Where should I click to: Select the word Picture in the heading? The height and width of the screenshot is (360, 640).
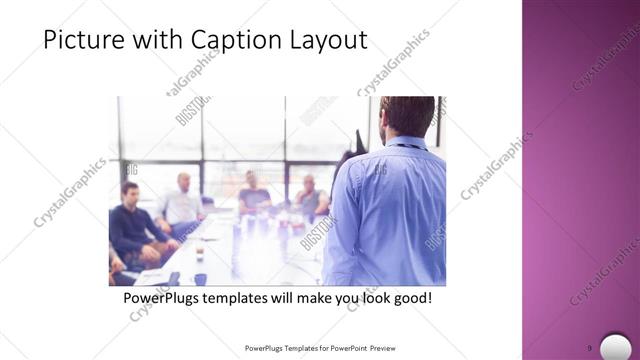[x=83, y=39]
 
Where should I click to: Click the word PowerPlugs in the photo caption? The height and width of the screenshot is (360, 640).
[x=166, y=298]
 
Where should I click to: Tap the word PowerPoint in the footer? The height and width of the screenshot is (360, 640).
[x=346, y=348]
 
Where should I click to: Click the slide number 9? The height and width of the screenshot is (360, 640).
[x=589, y=348]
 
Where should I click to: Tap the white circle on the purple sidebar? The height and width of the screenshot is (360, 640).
[x=616, y=346]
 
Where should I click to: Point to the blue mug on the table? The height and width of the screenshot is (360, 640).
[x=200, y=279]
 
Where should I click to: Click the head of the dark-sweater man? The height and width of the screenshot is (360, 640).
[x=130, y=193]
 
